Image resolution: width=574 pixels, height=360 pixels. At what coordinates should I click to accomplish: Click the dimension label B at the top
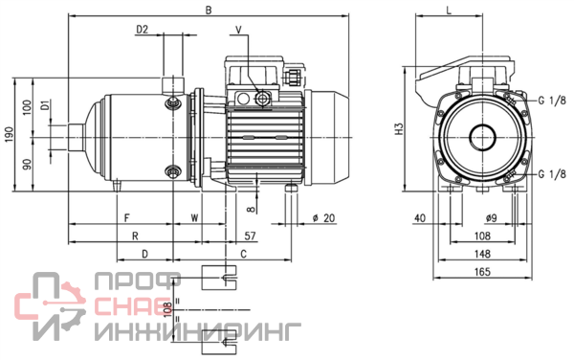click(209, 10)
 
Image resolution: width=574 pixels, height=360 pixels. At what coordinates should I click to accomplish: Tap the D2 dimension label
click(142, 30)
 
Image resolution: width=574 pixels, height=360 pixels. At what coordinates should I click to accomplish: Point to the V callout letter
click(238, 30)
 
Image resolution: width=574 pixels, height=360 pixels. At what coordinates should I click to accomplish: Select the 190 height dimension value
click(10, 135)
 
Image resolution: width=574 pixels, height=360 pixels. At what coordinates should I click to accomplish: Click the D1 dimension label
click(45, 106)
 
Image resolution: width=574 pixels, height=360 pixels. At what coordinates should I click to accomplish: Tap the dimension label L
click(449, 10)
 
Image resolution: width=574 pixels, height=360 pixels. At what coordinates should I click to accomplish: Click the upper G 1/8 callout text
click(552, 100)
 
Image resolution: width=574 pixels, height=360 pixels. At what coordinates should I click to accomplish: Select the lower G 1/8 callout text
click(552, 174)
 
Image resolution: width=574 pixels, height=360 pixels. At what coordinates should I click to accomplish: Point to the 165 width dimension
click(482, 272)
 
